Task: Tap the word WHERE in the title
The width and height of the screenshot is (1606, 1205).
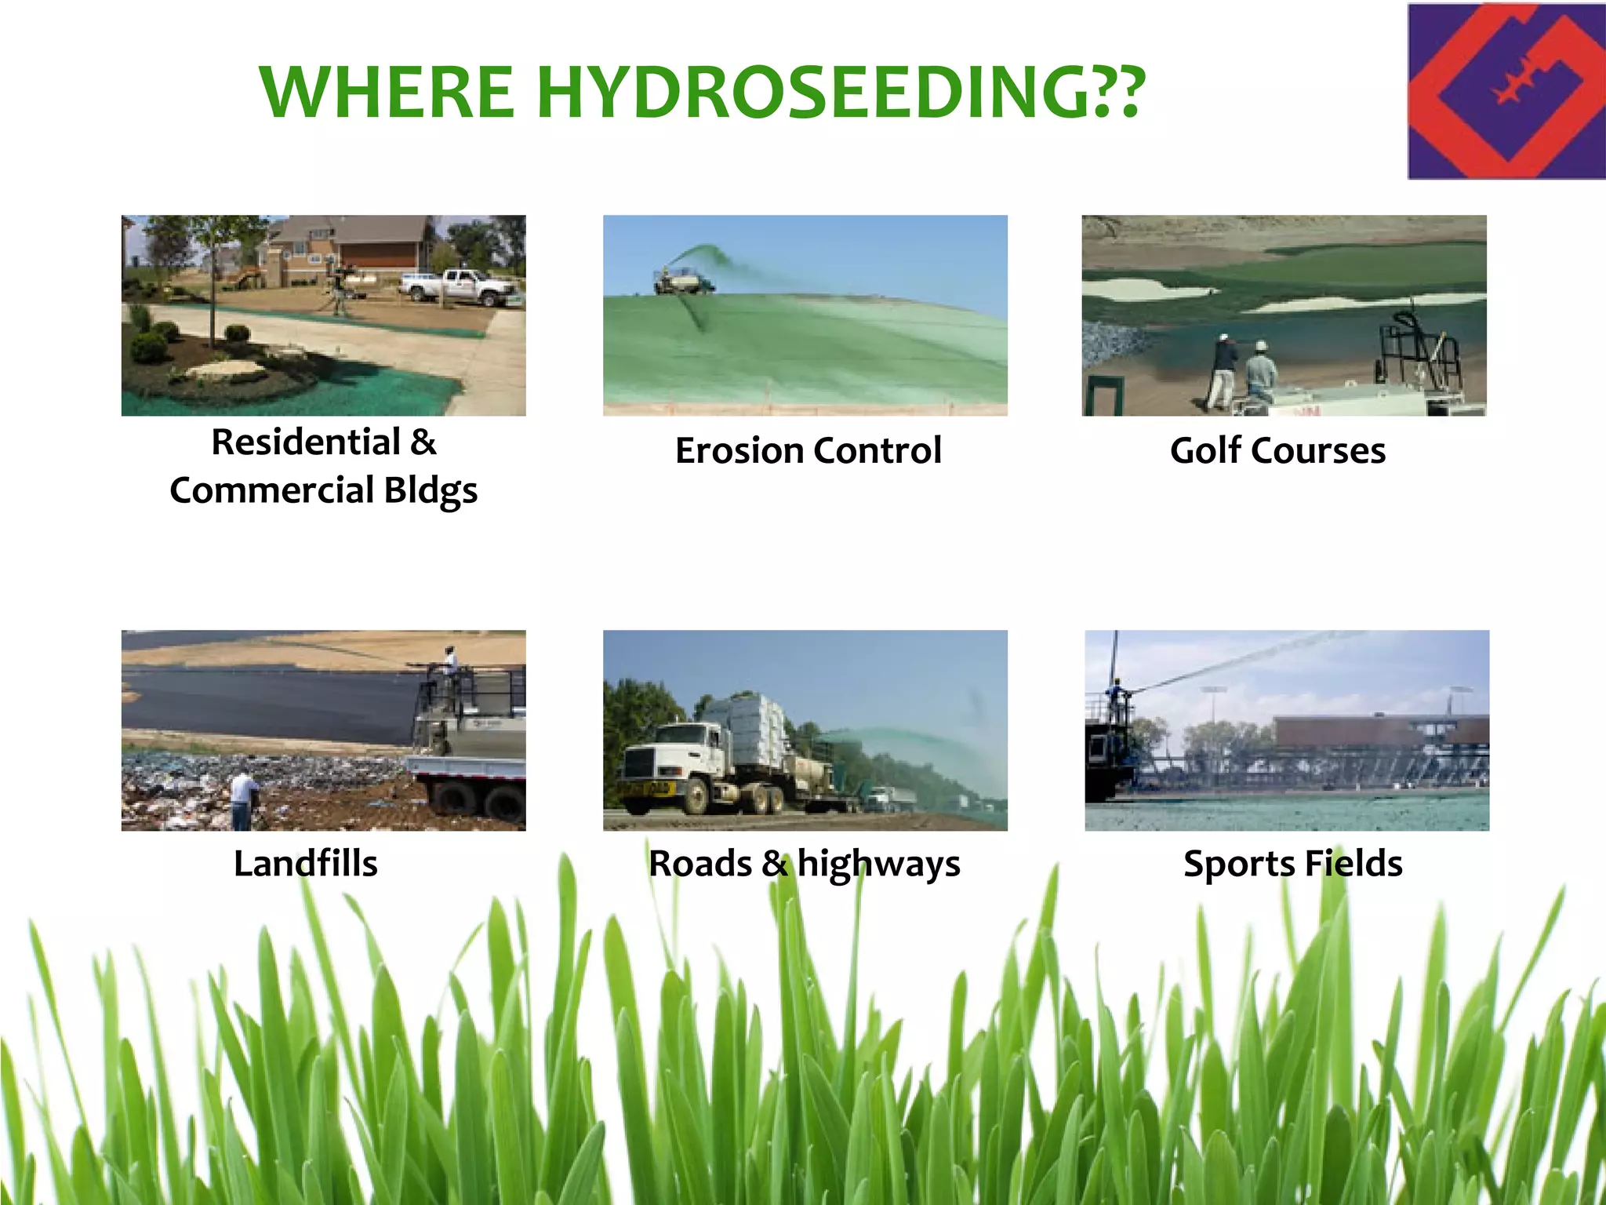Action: (x=387, y=92)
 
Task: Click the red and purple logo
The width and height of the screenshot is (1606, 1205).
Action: (x=1506, y=91)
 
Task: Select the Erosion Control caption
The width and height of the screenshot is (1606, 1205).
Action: (x=808, y=451)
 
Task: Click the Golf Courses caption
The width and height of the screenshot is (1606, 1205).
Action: (x=1277, y=451)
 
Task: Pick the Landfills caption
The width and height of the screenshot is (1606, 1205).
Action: (x=306, y=864)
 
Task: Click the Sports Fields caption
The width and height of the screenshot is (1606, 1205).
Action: (x=1292, y=864)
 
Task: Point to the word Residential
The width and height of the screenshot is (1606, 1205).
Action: (x=306, y=442)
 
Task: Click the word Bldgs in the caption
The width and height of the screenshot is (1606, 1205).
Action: (x=431, y=491)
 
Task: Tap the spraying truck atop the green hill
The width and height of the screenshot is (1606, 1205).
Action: (x=682, y=281)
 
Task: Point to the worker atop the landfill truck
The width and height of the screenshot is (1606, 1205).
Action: (x=449, y=664)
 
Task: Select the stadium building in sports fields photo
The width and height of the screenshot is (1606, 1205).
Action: (x=1380, y=731)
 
